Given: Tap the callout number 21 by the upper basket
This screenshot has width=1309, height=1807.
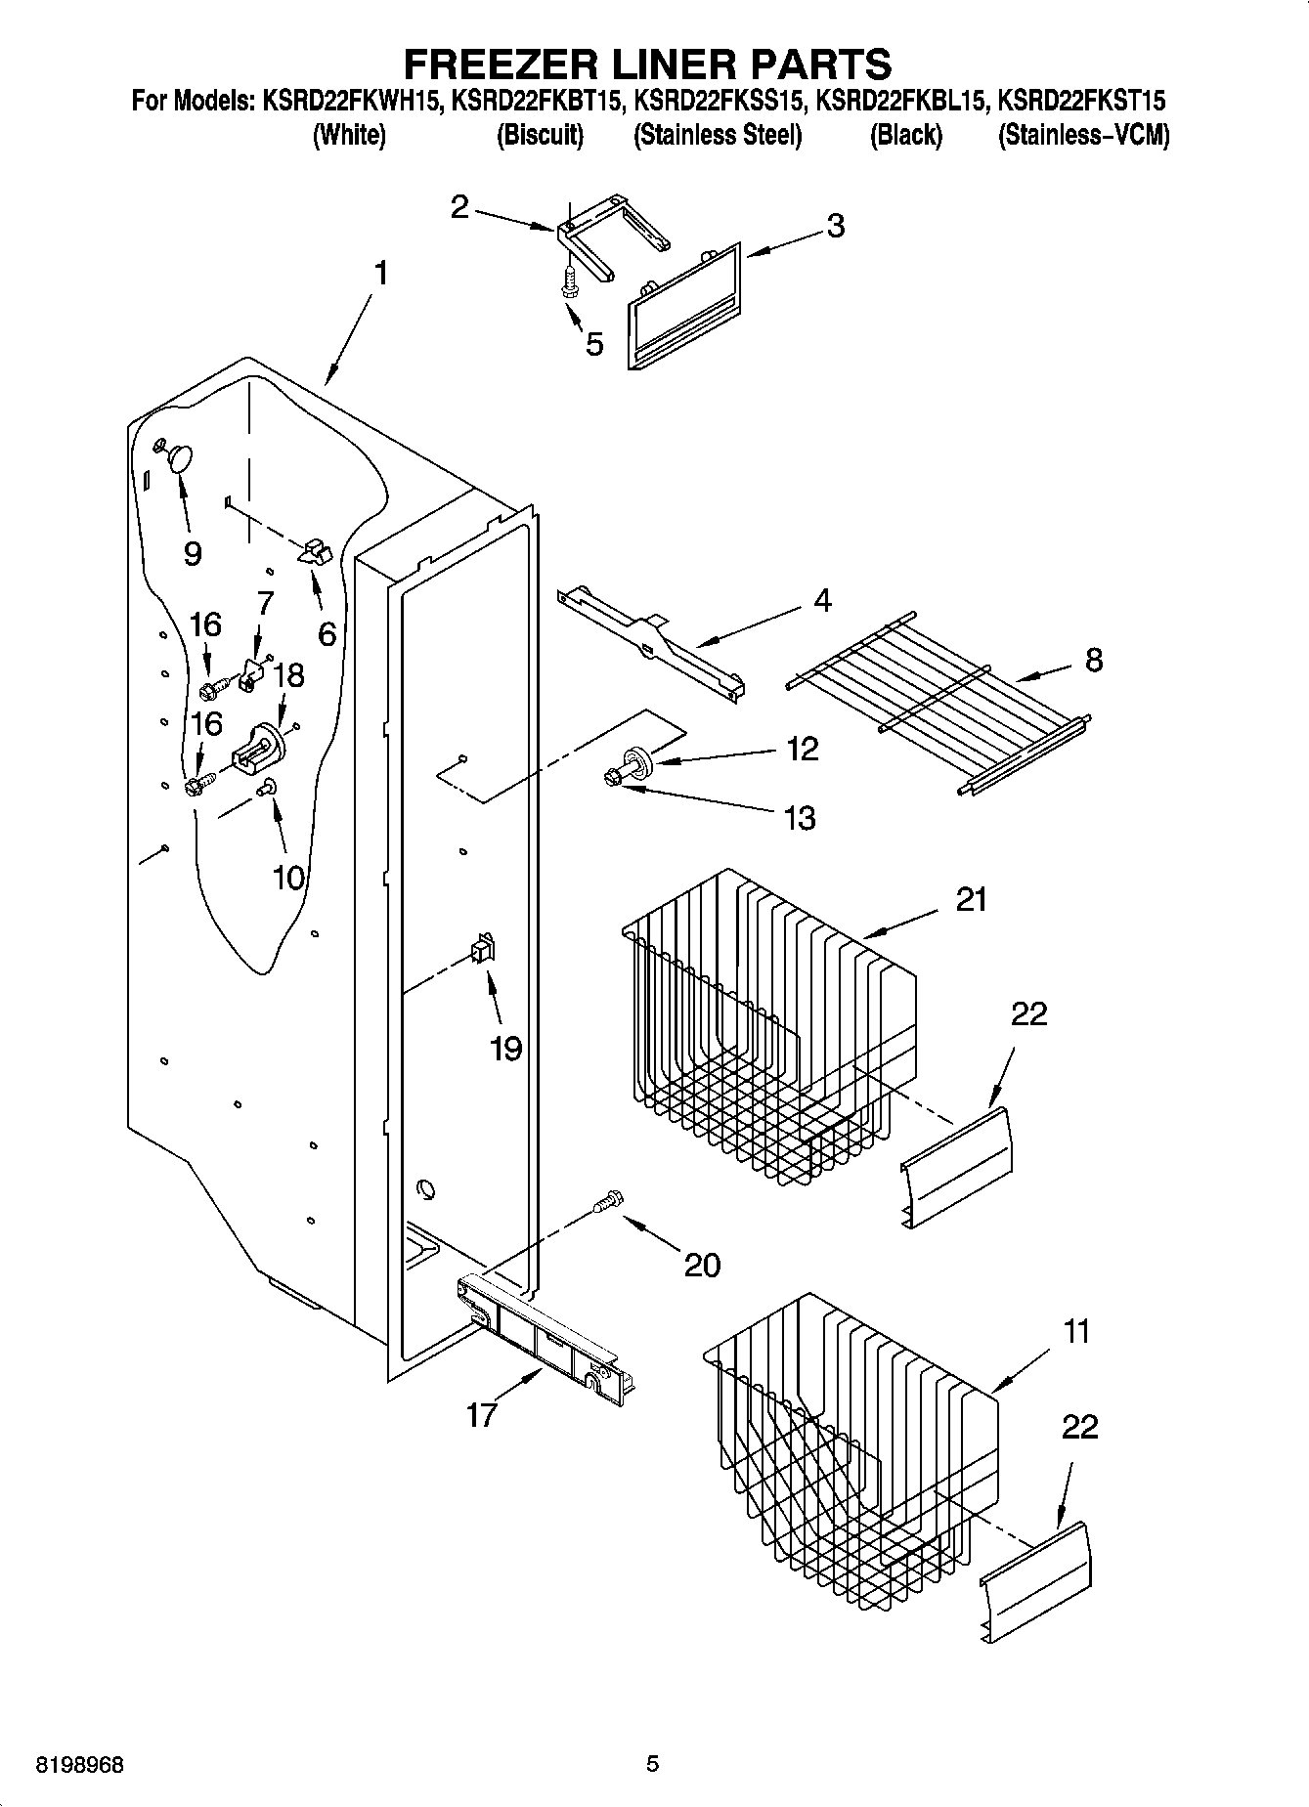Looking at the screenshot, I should tap(970, 899).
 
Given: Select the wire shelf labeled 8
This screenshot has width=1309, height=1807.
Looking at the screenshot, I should tap(938, 704).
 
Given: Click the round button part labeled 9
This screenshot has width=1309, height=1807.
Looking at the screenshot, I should tap(180, 457).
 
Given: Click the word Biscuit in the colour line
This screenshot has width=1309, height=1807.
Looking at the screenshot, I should tap(540, 135).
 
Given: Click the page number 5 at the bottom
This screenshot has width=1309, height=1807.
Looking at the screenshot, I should tap(653, 1764).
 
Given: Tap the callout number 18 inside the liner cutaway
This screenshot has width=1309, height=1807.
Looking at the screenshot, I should tap(288, 675).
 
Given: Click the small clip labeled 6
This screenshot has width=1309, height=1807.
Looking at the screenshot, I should tap(314, 552).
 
